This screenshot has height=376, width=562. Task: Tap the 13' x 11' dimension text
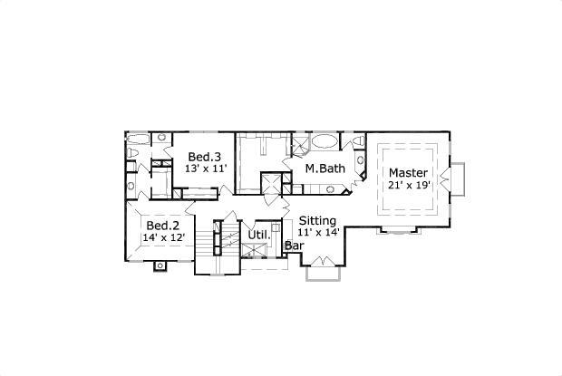pos(205,169)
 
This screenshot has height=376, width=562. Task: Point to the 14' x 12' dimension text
pos(163,237)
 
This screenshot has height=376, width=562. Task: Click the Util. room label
pos(259,236)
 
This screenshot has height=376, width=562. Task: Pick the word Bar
pos(294,245)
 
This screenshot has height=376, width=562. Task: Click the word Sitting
pos(318,220)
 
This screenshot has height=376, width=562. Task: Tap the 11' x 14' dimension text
pos(318,232)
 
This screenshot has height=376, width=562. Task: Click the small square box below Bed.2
pos(160,265)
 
